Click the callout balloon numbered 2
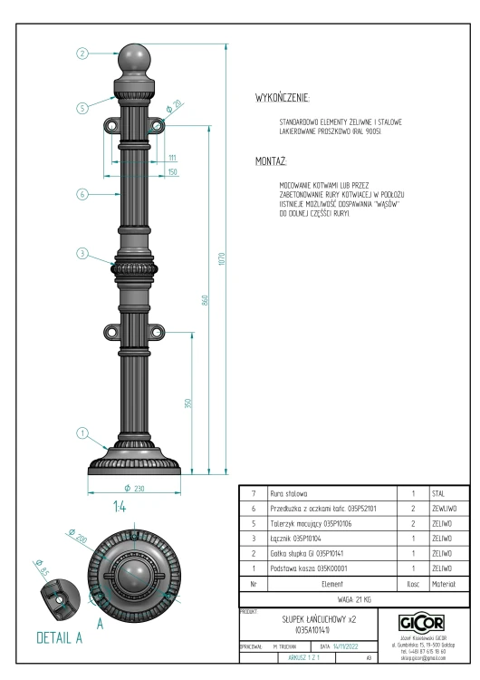[x=82, y=53]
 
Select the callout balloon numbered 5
[x=82, y=108]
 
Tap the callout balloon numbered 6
[x=82, y=194]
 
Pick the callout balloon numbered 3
[x=82, y=253]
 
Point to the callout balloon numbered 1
[x=82, y=432]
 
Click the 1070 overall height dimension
[x=222, y=259]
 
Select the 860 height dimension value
[x=205, y=300]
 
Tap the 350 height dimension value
[x=187, y=403]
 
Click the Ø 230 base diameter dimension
[x=134, y=489]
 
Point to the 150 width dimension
[x=172, y=171]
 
